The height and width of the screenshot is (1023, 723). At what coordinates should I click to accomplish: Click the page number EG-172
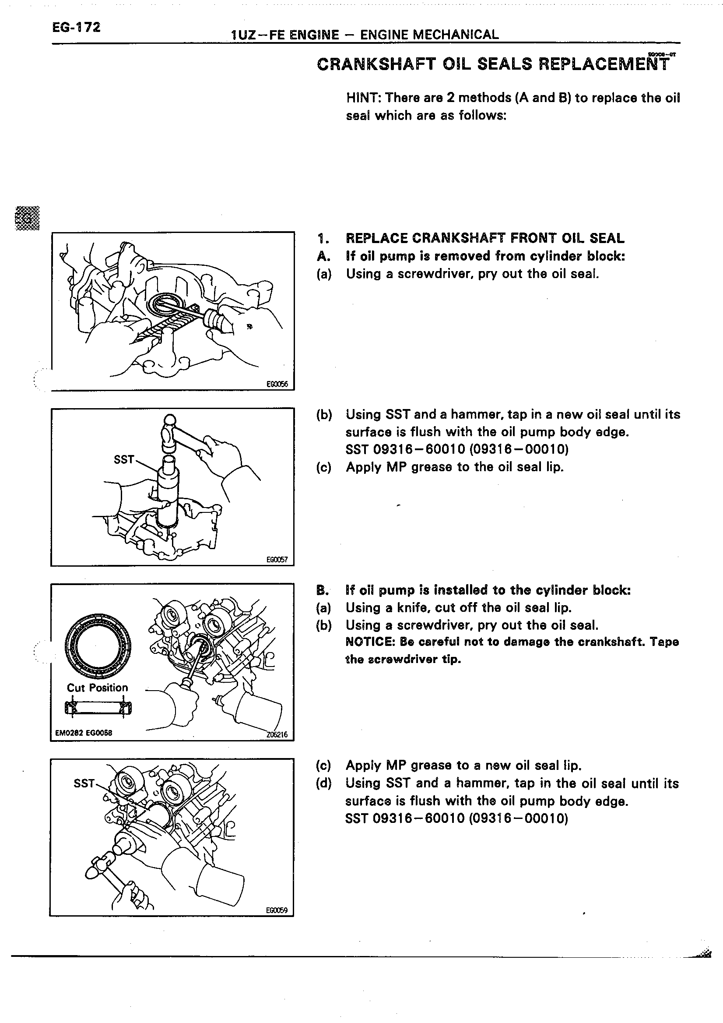tap(76, 28)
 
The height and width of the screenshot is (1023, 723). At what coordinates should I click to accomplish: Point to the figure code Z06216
tap(277, 735)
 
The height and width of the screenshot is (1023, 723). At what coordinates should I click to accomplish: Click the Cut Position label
tap(97, 688)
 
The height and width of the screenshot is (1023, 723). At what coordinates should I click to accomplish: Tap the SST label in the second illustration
tap(124, 459)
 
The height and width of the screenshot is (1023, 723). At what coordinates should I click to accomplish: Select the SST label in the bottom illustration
tap(84, 783)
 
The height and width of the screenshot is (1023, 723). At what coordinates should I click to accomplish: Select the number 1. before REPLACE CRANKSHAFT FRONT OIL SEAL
tap(323, 239)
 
